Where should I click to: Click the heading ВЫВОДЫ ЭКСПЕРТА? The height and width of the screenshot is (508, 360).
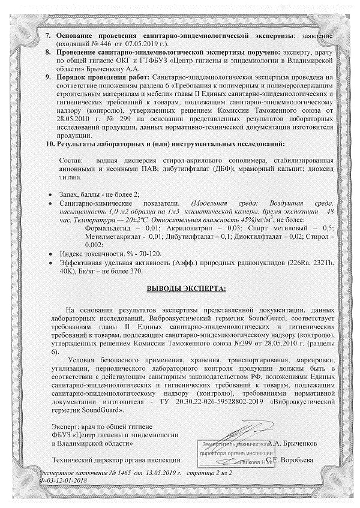point(187,289)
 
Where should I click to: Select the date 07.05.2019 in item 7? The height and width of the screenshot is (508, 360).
point(142,44)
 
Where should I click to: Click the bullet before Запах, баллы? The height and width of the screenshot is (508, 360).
point(48,196)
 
